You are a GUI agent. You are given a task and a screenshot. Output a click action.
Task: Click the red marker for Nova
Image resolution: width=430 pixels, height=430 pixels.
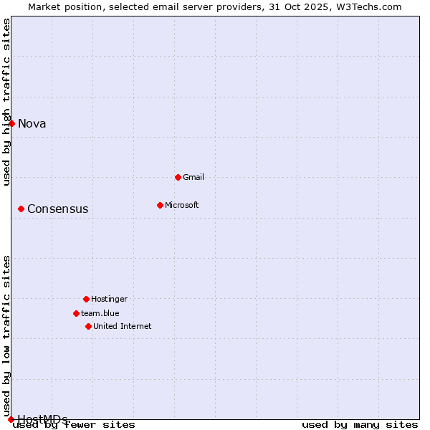pyautogui.click(x=11, y=123)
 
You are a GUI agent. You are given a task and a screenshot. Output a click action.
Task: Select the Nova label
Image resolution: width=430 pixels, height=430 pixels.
pyautogui.click(x=32, y=123)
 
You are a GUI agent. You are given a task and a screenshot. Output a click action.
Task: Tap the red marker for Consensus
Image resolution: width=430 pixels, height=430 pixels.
pyautogui.click(x=21, y=209)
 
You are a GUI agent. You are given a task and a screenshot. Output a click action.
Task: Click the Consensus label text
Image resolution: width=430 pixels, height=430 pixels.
pyautogui.click(x=58, y=209)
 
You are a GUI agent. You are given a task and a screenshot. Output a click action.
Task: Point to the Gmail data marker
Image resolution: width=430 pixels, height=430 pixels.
pyautogui.click(x=178, y=177)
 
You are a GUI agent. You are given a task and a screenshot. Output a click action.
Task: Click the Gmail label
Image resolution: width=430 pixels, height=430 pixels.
pyautogui.click(x=193, y=177)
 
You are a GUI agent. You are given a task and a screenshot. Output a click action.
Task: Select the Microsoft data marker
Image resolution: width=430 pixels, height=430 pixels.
pyautogui.click(x=160, y=205)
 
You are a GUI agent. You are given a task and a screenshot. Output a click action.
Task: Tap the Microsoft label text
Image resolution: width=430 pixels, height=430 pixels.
pyautogui.click(x=182, y=205)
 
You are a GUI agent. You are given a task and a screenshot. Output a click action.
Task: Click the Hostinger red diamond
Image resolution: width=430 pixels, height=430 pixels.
pyautogui.click(x=86, y=299)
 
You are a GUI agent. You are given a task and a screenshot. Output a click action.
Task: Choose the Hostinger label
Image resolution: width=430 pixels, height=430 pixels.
pyautogui.click(x=109, y=299)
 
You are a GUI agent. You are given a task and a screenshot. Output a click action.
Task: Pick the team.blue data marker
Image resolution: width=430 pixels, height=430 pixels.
pyautogui.click(x=76, y=313)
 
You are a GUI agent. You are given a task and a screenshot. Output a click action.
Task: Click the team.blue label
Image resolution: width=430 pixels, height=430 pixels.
pyautogui.click(x=100, y=313)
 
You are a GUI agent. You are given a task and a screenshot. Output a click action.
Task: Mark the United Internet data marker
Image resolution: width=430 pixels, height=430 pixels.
pyautogui.click(x=88, y=326)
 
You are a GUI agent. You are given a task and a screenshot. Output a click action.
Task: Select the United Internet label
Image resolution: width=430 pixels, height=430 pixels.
pyautogui.click(x=123, y=326)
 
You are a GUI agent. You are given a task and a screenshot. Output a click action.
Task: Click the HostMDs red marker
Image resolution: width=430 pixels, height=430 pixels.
pyautogui.click(x=11, y=419)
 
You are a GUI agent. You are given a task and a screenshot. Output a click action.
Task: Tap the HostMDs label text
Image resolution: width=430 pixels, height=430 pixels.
pyautogui.click(x=42, y=419)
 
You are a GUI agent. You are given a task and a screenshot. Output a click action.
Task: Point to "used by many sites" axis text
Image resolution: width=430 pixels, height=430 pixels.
pyautogui.click(x=360, y=425)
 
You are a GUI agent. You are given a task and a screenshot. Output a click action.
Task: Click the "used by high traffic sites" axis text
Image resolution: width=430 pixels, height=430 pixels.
pyautogui.click(x=6, y=102)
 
